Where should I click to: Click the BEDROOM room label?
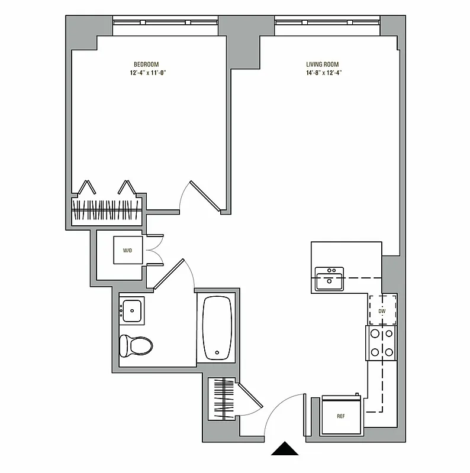(x=146, y=64)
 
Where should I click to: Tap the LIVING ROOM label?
(x=322, y=64)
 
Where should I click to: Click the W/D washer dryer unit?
(x=128, y=251)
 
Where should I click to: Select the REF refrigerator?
(x=340, y=416)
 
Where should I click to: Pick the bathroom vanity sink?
(x=131, y=310)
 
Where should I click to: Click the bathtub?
(x=218, y=328)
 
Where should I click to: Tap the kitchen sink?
(x=329, y=278)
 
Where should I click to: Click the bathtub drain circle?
(x=217, y=353)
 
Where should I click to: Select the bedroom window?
(x=165, y=22)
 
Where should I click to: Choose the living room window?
(x=327, y=22)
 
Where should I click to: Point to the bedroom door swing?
(x=201, y=195)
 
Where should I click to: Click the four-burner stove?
(x=382, y=343)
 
